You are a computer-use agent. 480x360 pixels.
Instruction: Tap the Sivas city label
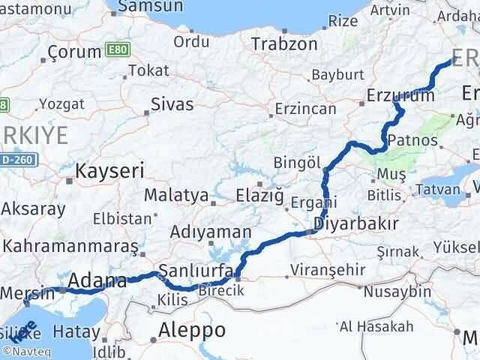(172, 103)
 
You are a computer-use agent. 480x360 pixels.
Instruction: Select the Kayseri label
(109, 171)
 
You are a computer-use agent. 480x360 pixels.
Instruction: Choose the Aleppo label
(192, 330)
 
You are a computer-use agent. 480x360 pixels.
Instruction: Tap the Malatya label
(176, 196)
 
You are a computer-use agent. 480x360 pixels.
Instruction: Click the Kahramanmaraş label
(70, 246)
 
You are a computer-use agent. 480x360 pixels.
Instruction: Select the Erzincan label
(305, 109)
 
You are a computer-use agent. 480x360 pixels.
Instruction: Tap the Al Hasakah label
(376, 326)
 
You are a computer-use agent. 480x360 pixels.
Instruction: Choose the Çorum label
(74, 52)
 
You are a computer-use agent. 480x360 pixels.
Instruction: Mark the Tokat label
(148, 70)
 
